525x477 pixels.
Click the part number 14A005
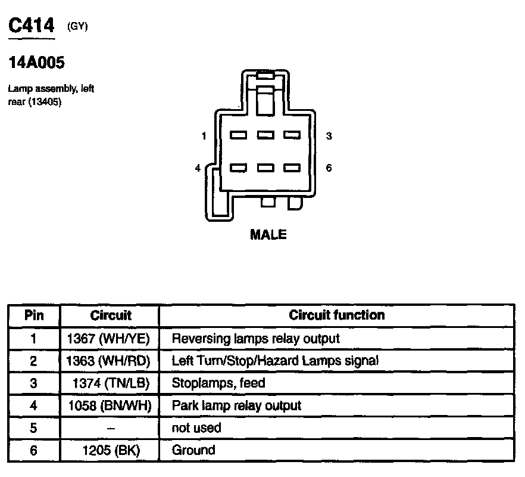(x=36, y=63)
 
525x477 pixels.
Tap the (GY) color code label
(x=78, y=26)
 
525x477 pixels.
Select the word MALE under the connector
(x=268, y=235)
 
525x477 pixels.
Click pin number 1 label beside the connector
(x=204, y=137)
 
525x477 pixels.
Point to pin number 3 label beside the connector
(x=329, y=137)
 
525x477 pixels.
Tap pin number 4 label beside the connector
(x=198, y=168)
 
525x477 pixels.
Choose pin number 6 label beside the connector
(x=329, y=168)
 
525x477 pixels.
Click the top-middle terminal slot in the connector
(x=265, y=135)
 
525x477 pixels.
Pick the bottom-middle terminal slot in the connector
(x=265, y=168)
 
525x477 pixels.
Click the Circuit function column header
(x=336, y=315)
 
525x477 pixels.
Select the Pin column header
(x=34, y=315)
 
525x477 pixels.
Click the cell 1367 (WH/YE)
(x=111, y=339)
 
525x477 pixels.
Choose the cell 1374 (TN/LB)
(x=111, y=383)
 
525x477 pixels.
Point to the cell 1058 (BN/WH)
(x=111, y=406)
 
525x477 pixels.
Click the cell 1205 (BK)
(x=111, y=451)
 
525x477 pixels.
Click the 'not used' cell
(x=196, y=428)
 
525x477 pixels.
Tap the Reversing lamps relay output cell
(x=255, y=339)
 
